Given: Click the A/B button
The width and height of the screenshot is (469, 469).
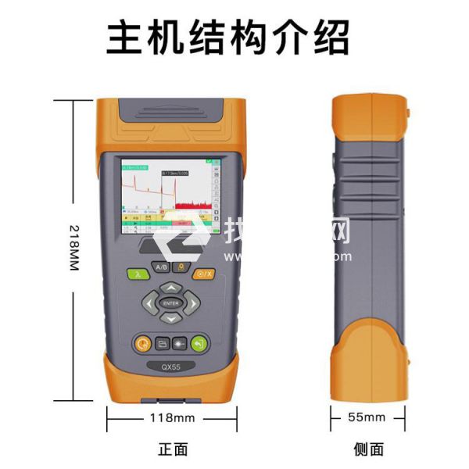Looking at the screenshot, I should pos(161,267).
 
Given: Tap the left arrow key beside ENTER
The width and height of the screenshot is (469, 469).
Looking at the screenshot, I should pos(149,303).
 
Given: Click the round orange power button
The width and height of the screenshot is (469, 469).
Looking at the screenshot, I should pos(141,342).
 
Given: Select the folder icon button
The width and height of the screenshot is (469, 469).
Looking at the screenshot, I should pos(162,343).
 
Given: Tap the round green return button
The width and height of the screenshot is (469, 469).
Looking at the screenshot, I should pos(201,342).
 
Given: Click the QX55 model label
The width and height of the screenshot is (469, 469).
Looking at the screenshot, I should pos(171,365).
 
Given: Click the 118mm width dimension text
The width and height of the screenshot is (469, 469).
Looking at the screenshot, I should pos(172,417).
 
